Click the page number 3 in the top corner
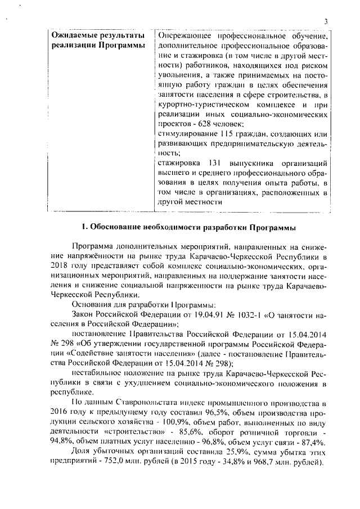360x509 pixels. click(326, 21)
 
